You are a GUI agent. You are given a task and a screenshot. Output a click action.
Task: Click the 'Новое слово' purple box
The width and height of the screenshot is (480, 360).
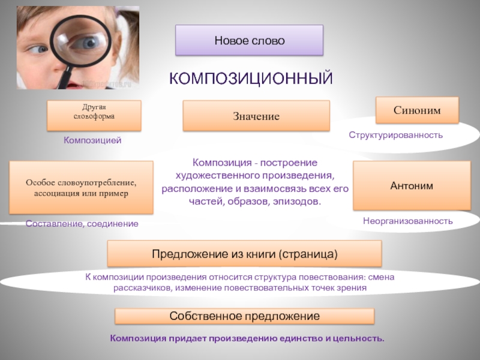tap(249, 41)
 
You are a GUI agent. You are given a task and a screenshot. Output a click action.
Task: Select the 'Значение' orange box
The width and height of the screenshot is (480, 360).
tap(256, 116)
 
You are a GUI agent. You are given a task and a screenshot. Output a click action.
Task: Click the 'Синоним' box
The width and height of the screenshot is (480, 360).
tap(417, 110)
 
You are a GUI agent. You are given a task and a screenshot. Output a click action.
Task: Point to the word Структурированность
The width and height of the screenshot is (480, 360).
tap(396, 135)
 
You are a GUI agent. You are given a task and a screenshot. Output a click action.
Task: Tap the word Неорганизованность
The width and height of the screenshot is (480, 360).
tap(407, 221)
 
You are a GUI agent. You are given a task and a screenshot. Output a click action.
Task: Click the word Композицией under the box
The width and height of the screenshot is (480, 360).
tap(93, 140)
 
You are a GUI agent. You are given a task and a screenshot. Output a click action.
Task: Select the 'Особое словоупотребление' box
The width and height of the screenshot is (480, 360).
tap(81, 188)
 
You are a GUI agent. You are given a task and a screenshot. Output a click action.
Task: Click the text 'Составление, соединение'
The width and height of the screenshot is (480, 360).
tap(82, 223)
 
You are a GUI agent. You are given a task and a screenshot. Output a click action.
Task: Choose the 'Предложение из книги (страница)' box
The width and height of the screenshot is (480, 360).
tap(244, 254)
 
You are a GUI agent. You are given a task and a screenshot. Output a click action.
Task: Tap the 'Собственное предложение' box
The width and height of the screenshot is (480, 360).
tap(244, 316)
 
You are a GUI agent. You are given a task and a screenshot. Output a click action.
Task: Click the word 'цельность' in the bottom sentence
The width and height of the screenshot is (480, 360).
tap(358, 339)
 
